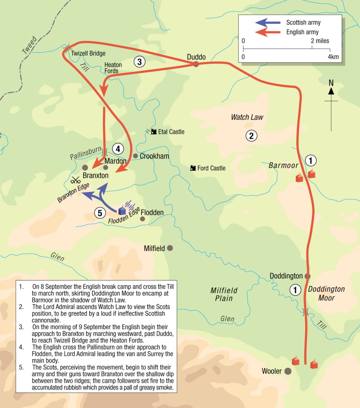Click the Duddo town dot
point(196,64)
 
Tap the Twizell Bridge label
point(88,53)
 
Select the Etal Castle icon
point(153,131)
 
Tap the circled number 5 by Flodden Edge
point(100,213)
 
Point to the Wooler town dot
point(287,371)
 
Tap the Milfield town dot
point(170,248)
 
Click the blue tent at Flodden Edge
point(122,210)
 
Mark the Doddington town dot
point(307,276)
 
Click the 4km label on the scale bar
point(333,57)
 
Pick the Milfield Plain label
point(222,294)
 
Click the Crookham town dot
point(136,156)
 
